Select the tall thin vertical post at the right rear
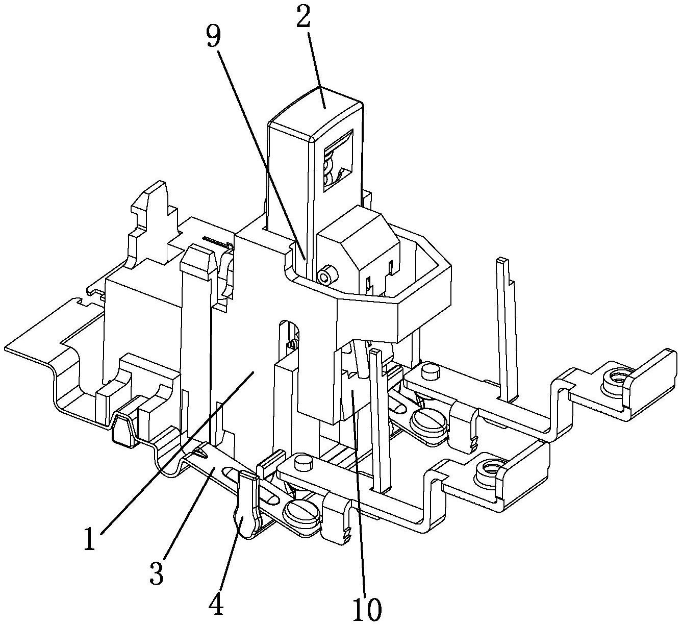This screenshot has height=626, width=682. coord(503,327)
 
